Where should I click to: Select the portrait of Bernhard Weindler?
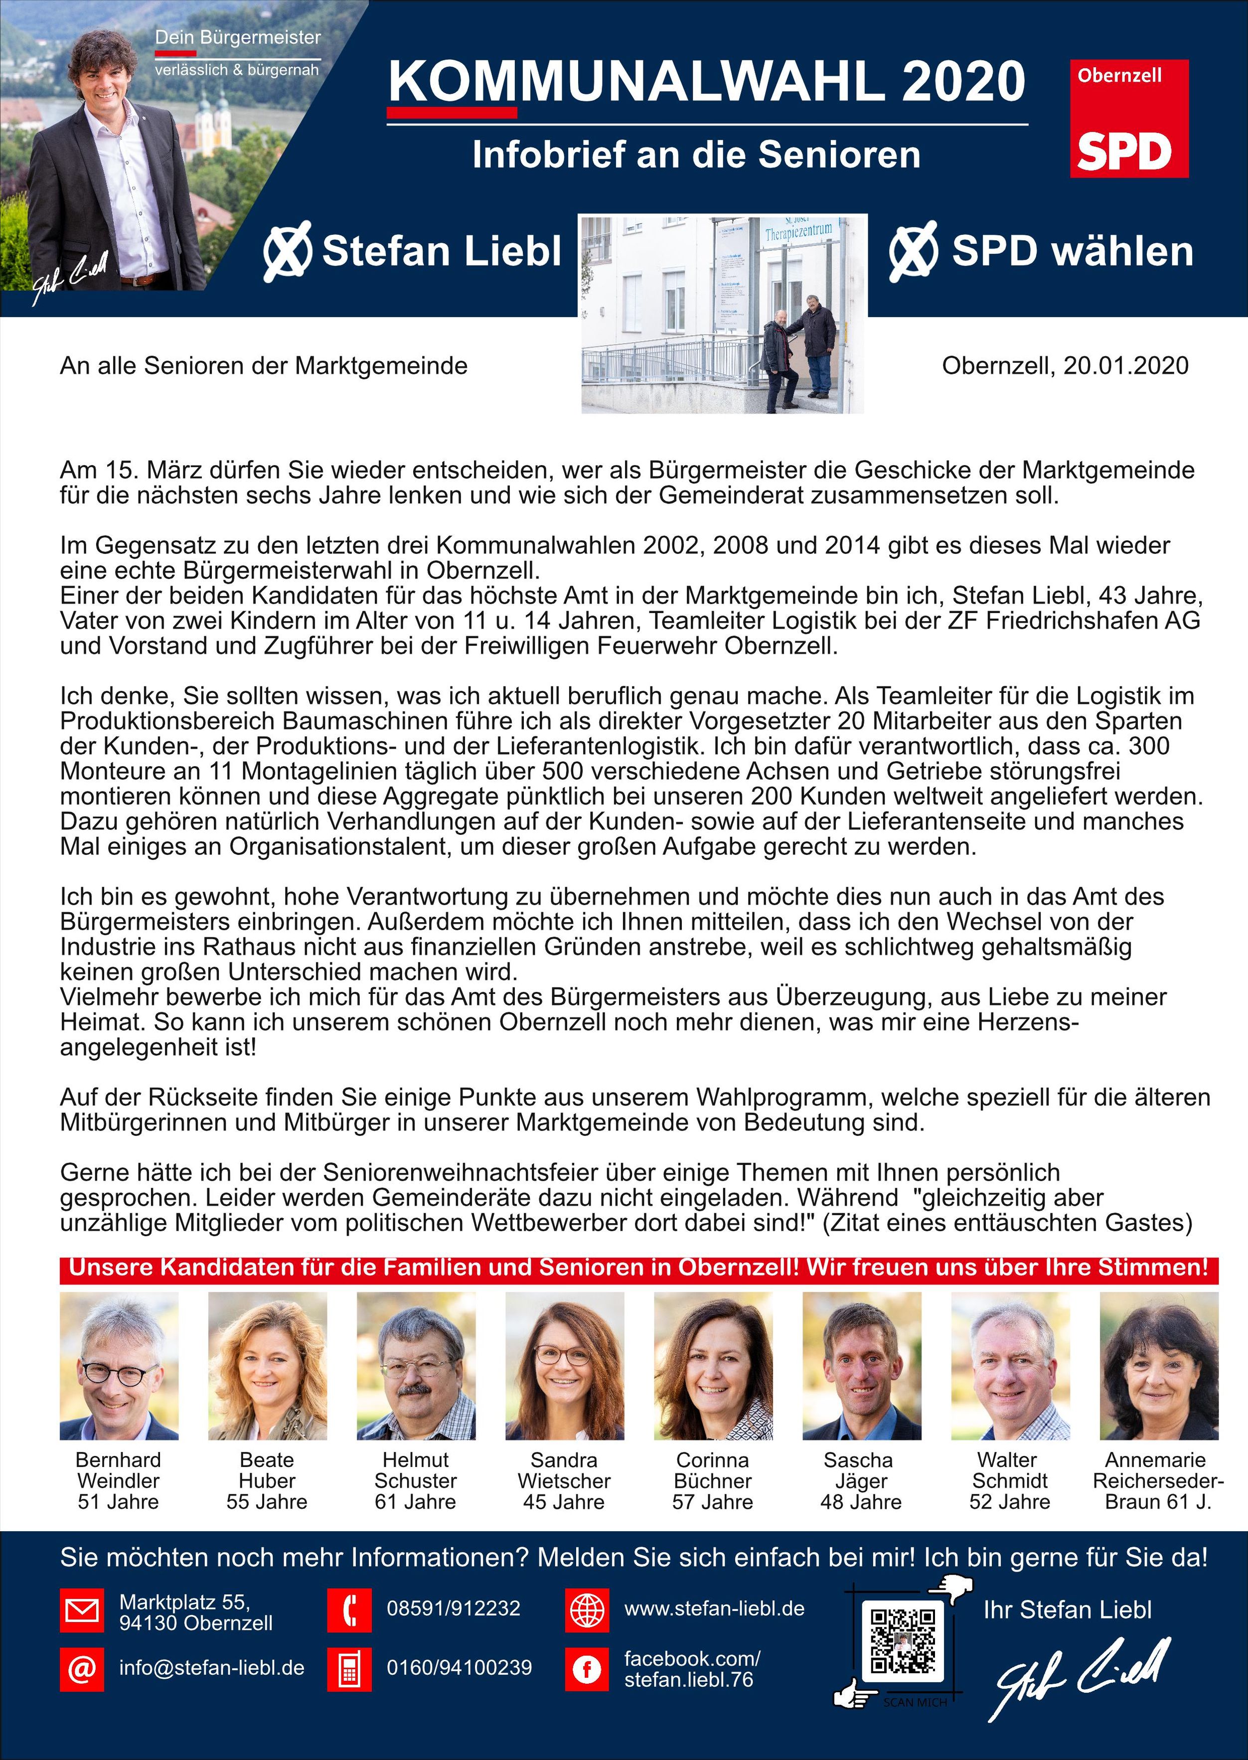pyautogui.click(x=119, y=1366)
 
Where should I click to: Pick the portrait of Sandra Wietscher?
pyautogui.click(x=565, y=1366)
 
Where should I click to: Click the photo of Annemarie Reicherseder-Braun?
pyautogui.click(x=1159, y=1366)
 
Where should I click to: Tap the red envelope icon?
pyautogui.click(x=81, y=1610)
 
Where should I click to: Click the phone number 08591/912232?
pyautogui.click(x=454, y=1608)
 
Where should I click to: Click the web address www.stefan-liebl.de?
pyautogui.click(x=714, y=1608)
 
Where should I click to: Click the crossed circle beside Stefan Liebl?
pyautogui.click(x=288, y=251)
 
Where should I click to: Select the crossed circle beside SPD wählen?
pyautogui.click(x=913, y=251)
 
